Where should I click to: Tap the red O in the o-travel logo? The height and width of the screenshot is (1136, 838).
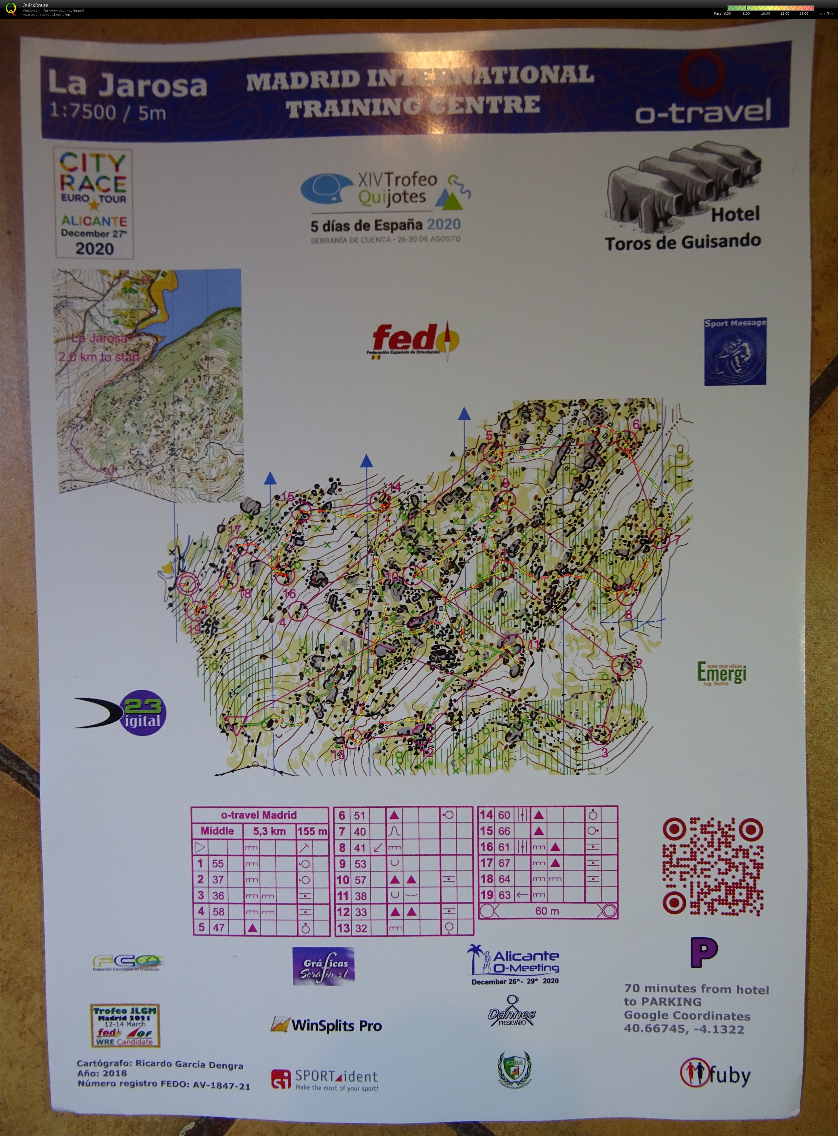(702, 74)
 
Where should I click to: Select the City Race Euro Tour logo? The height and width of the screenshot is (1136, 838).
(94, 203)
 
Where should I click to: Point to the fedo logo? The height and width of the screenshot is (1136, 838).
(414, 340)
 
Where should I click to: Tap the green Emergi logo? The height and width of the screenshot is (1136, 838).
(721, 673)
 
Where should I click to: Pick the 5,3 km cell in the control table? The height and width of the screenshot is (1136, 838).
(269, 831)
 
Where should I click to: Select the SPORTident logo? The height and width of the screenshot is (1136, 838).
(325, 1079)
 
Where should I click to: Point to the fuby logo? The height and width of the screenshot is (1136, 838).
(715, 1074)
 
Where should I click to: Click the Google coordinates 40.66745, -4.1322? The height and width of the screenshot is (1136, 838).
(684, 1029)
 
